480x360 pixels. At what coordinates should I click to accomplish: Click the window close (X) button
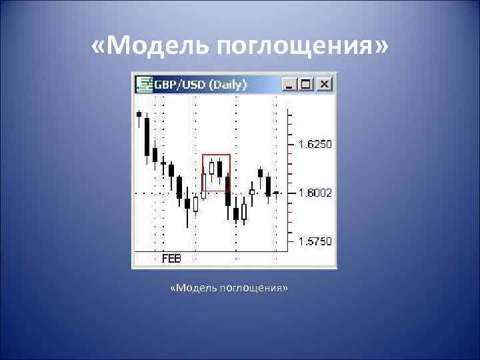click(324, 84)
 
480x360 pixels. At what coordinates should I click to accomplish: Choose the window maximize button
click(306, 84)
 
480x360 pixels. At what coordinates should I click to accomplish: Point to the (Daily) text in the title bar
click(228, 85)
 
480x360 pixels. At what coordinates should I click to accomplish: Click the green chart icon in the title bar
click(144, 84)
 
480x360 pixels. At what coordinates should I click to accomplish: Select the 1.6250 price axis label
click(314, 144)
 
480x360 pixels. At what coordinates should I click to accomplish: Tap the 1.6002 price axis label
click(314, 193)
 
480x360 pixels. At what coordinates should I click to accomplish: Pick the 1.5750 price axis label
click(314, 241)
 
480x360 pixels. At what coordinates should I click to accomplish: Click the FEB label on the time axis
click(171, 258)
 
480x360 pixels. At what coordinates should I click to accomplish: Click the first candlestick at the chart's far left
click(139, 115)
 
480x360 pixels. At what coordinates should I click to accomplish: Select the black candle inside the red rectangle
click(219, 169)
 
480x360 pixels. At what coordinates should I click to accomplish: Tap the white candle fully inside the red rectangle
click(211, 168)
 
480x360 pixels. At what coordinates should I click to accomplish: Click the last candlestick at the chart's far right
click(275, 193)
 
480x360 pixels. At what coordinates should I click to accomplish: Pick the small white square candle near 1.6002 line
click(252, 192)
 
